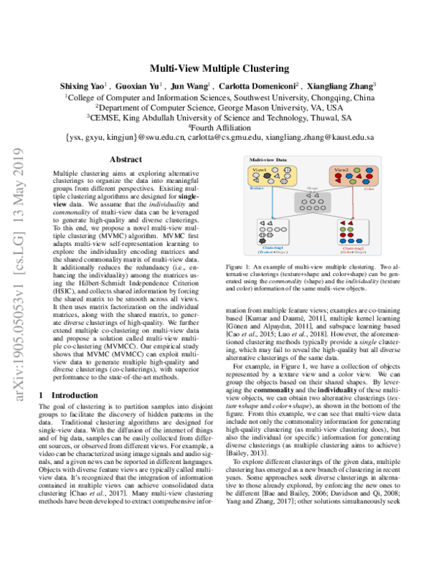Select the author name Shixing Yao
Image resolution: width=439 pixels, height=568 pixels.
point(83,86)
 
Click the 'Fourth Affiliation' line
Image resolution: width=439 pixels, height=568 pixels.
point(219,127)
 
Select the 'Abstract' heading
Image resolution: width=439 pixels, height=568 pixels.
point(119,159)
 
